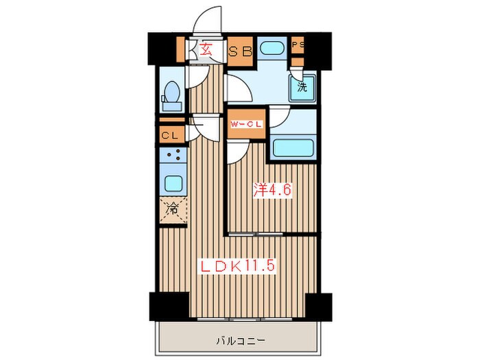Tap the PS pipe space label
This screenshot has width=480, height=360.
[297, 45]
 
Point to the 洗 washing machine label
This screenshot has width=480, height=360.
[302, 87]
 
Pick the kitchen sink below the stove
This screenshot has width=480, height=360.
[172, 184]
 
